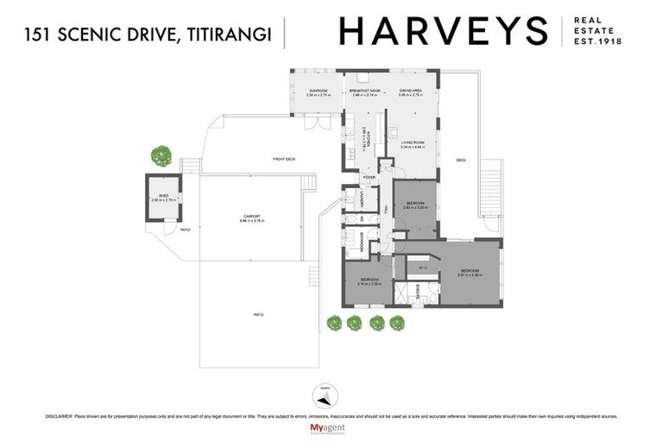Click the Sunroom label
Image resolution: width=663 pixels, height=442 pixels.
[x=318, y=92]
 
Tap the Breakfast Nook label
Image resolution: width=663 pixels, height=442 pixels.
[x=366, y=92]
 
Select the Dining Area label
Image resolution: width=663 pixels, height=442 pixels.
[x=410, y=92]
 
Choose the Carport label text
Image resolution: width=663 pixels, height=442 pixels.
[x=251, y=218]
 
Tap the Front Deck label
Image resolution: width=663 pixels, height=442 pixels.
[x=284, y=160]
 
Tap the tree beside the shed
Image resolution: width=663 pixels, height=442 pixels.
[x=161, y=156]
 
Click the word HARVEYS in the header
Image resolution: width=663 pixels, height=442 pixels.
[x=443, y=31]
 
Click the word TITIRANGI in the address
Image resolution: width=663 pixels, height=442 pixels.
[x=229, y=35]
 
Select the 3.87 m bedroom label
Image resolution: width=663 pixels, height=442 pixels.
[x=470, y=273]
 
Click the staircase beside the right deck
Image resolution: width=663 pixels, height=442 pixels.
[x=494, y=194]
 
